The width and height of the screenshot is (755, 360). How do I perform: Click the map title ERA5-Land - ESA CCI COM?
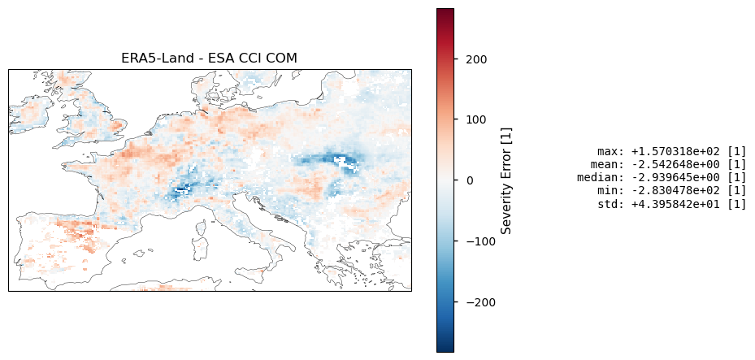209,58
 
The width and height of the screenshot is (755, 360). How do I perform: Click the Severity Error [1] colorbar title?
506,180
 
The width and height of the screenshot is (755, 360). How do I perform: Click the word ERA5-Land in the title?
150,58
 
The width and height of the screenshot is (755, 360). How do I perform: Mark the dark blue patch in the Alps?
180,189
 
